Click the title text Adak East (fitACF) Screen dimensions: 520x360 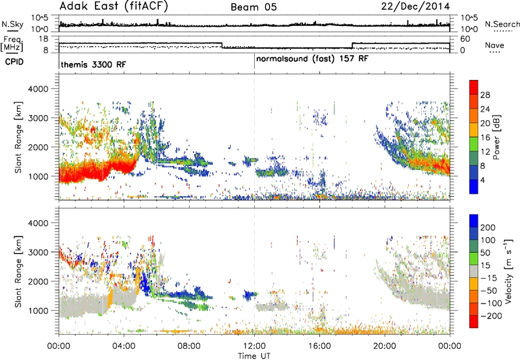click(x=114, y=6)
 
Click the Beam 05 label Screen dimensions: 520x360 click(x=253, y=7)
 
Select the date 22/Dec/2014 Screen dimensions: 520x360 click(x=415, y=6)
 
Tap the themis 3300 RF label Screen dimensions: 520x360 click(x=94, y=64)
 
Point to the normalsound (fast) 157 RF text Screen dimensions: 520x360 click(x=312, y=58)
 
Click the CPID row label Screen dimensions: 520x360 click(x=14, y=62)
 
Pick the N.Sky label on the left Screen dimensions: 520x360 click(x=12, y=24)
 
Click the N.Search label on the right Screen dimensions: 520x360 click(x=502, y=24)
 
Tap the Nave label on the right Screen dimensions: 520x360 click(x=495, y=45)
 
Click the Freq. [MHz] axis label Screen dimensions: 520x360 click(x=12, y=44)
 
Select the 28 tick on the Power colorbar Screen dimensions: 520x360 click(x=485, y=95)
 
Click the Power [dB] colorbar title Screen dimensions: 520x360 click(x=496, y=137)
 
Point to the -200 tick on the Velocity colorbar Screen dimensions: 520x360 click(x=489, y=316)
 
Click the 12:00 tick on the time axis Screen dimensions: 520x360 click(x=254, y=346)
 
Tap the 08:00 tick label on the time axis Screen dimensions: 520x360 click(x=189, y=346)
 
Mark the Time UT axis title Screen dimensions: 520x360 click(x=254, y=355)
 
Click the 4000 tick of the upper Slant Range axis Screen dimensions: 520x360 click(x=38, y=89)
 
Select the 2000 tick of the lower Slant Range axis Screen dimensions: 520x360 click(x=38, y=281)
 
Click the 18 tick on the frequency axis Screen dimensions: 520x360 click(x=44, y=39)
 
